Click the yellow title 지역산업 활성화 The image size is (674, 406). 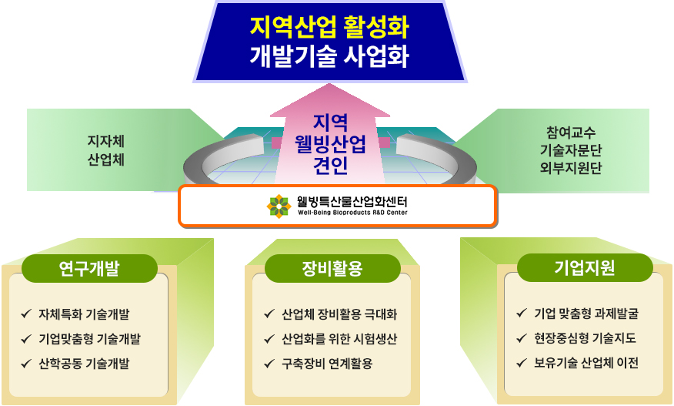329,27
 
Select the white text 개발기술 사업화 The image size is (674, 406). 329,56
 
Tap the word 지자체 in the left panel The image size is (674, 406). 105,141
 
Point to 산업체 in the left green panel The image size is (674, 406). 105,159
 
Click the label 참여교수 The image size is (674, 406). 571,132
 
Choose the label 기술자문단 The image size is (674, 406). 571,149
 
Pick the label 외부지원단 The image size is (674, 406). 571,167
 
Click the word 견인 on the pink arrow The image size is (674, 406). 330,165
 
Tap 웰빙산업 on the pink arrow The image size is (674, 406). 330,144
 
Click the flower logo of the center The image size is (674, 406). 279,206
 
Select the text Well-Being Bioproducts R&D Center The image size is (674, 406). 352,213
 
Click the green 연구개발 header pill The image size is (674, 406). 89,268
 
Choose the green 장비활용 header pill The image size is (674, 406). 332,268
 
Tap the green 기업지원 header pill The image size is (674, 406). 585,267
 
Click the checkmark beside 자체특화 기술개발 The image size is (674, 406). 26,314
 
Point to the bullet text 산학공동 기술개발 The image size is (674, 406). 84,364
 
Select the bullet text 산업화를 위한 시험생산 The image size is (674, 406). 339,339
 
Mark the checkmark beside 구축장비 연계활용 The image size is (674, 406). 269,364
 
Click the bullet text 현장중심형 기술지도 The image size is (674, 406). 585,338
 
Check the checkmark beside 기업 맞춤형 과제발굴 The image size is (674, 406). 522,313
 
